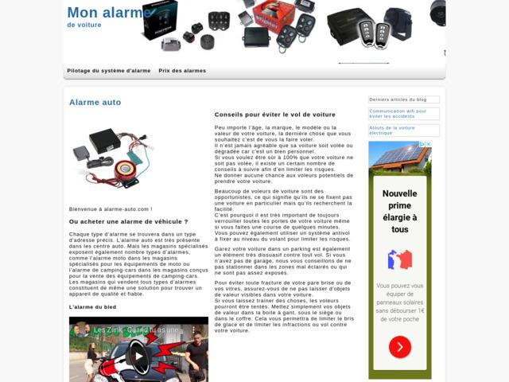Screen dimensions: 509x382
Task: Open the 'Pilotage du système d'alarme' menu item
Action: [x=109, y=71]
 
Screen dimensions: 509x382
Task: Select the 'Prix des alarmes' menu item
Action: [x=182, y=71]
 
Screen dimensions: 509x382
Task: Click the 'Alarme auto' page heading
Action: [x=95, y=103]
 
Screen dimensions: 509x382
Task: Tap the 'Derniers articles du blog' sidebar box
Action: [x=403, y=99]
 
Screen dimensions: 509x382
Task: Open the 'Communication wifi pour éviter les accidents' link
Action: [x=403, y=114]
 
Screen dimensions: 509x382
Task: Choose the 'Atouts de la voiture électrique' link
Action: [x=403, y=130]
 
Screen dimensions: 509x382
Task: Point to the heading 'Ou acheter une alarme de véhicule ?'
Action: [x=129, y=221]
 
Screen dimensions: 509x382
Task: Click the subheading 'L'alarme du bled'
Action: [x=93, y=306]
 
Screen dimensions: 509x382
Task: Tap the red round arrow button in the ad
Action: [x=400, y=347]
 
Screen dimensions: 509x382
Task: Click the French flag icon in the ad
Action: [x=400, y=259]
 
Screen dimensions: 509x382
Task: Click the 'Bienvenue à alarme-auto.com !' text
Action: [x=111, y=209]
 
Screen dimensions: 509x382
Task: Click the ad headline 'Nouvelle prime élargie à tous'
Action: [x=400, y=211]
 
